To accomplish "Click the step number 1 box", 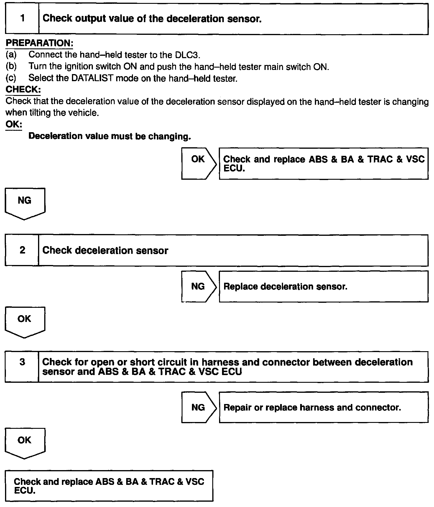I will tap(22, 19).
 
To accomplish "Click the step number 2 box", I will tap(22, 250).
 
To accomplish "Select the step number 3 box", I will tap(22, 367).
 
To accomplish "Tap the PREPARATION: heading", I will tap(39, 43).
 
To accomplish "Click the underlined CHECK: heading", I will tap(23, 89).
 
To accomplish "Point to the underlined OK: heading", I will tap(14, 124).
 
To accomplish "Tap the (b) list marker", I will tap(11, 67).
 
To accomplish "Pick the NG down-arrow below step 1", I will tap(25, 203).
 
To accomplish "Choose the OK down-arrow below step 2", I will tap(25, 322).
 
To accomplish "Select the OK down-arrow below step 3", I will tap(25, 443).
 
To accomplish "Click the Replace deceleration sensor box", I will tap(323, 287).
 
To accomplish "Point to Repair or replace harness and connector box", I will tap(323, 407).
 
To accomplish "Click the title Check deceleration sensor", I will tap(105, 251).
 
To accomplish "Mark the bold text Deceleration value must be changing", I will tap(109, 136).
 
